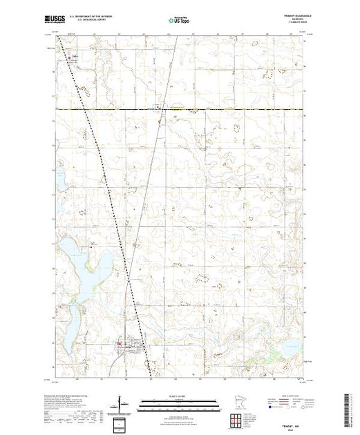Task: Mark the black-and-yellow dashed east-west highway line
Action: coord(207,109)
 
